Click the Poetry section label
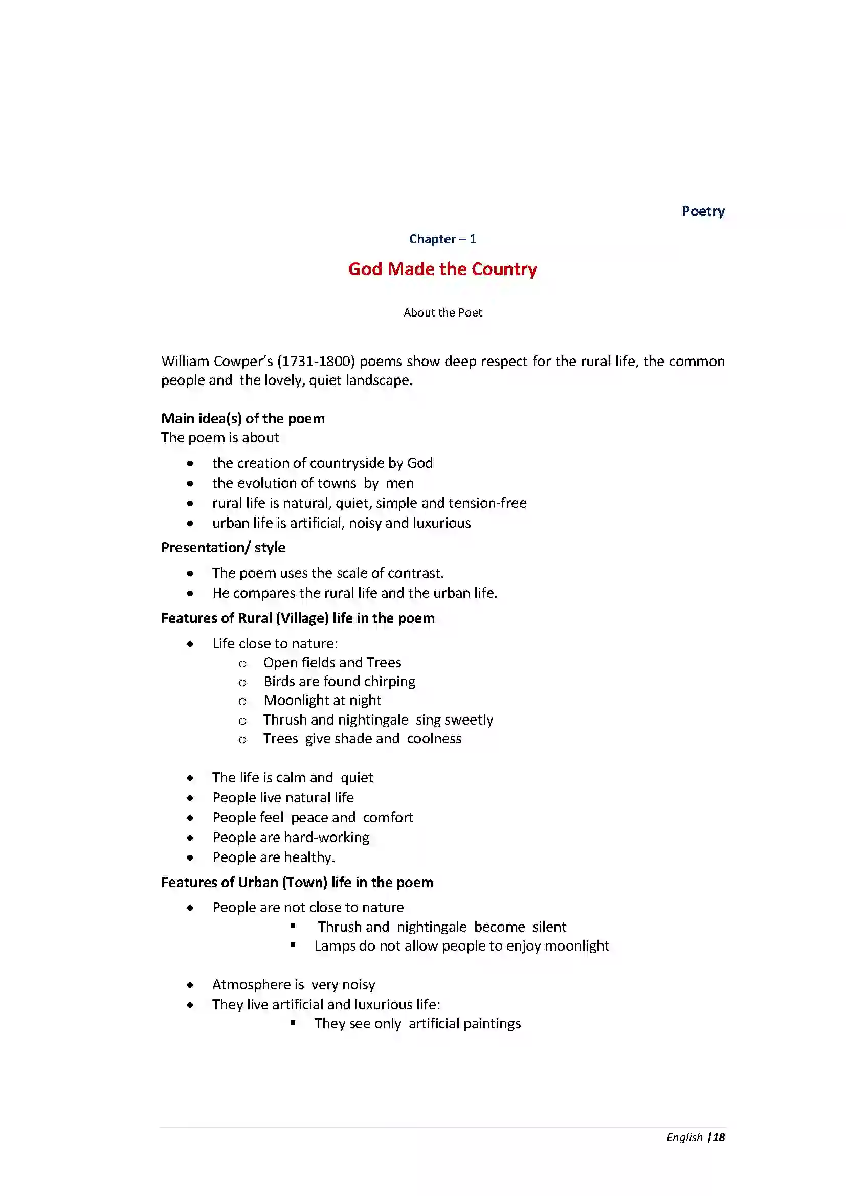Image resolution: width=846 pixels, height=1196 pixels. coord(703,211)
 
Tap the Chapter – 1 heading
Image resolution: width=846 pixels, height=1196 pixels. coord(442,239)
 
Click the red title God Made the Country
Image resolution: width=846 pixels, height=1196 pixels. coord(442,269)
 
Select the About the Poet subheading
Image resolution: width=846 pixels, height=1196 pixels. coord(442,312)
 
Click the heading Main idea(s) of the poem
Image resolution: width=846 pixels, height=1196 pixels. coord(243,418)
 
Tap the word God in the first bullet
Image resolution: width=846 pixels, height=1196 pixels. coord(420,463)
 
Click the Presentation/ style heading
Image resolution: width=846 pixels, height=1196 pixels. coord(223,548)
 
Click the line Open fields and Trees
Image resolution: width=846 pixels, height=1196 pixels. coord(332,663)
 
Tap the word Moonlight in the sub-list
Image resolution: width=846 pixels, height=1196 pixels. coord(296,701)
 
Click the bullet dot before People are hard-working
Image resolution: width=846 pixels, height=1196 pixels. coord(190,838)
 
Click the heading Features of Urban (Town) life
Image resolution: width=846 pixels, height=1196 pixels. coord(297,883)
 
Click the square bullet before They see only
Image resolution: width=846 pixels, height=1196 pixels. coord(293,1023)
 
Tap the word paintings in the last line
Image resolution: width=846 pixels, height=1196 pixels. coord(492,1024)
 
